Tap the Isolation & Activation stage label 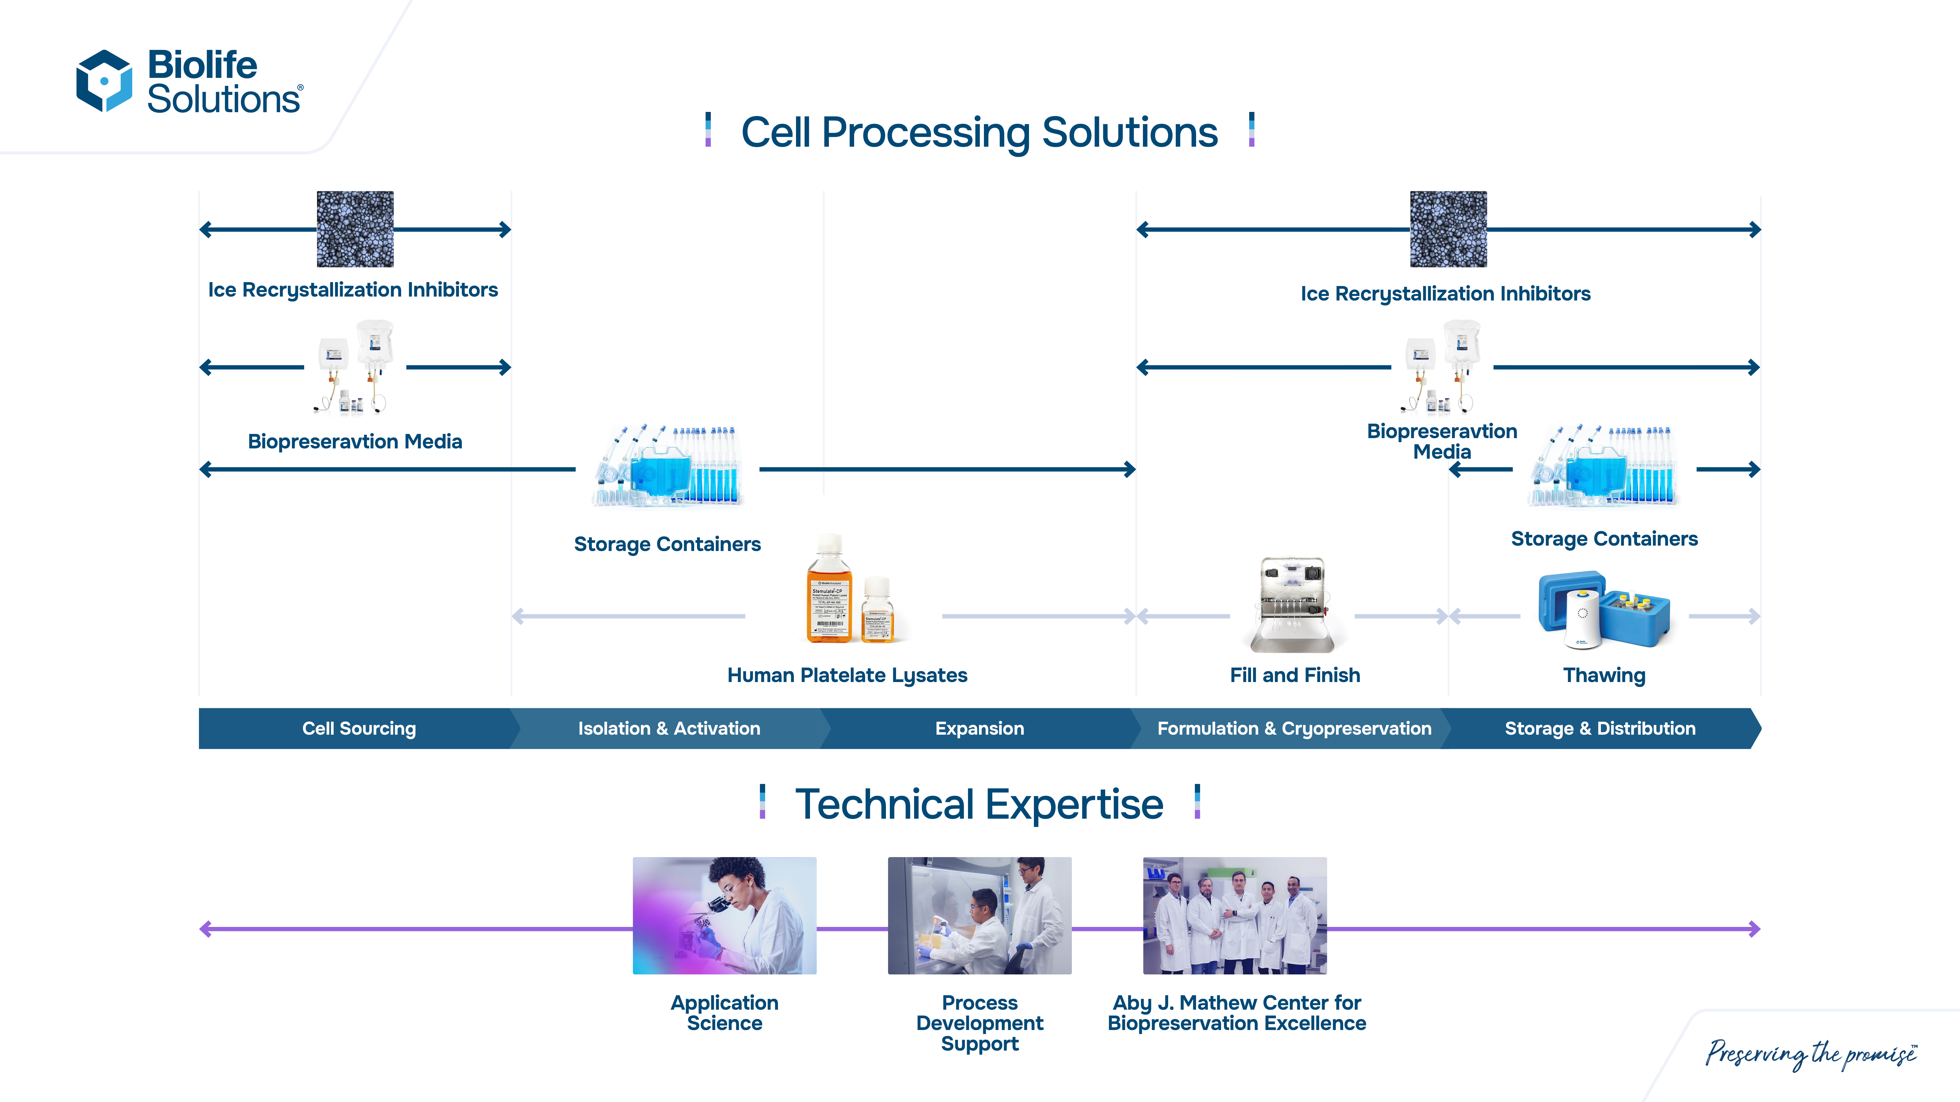(x=669, y=729)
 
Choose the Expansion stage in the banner (x=979, y=729)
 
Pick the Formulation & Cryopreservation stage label (x=1294, y=729)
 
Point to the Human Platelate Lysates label (x=847, y=675)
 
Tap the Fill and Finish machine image (x=1293, y=605)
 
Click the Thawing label (x=1604, y=675)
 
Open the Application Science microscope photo (x=724, y=916)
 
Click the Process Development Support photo (x=979, y=916)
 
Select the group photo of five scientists (x=1234, y=916)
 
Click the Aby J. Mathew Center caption (x=1237, y=1013)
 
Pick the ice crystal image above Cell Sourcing (x=355, y=229)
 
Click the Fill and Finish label (x=1294, y=675)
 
